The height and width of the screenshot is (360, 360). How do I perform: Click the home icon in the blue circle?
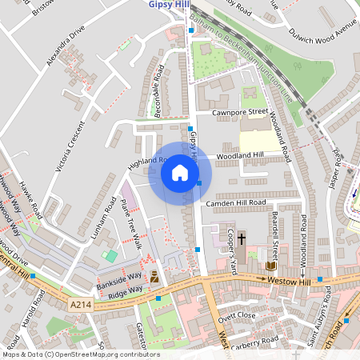point(180,174)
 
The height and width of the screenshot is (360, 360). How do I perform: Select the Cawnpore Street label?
point(239,112)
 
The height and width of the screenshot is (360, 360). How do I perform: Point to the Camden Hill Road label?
point(235,203)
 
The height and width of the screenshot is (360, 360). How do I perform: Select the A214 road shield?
point(80,305)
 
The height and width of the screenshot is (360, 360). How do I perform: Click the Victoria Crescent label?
point(68,147)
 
